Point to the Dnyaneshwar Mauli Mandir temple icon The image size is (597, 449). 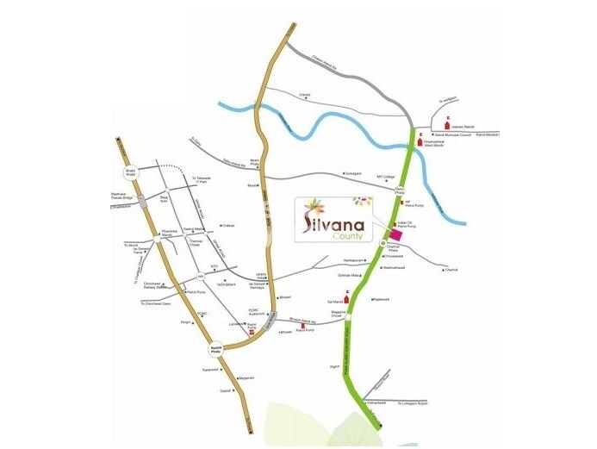coord(420,137)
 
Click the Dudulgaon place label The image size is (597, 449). coord(352,172)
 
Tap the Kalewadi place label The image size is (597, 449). coord(209,369)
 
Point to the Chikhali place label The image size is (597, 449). coord(227,226)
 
